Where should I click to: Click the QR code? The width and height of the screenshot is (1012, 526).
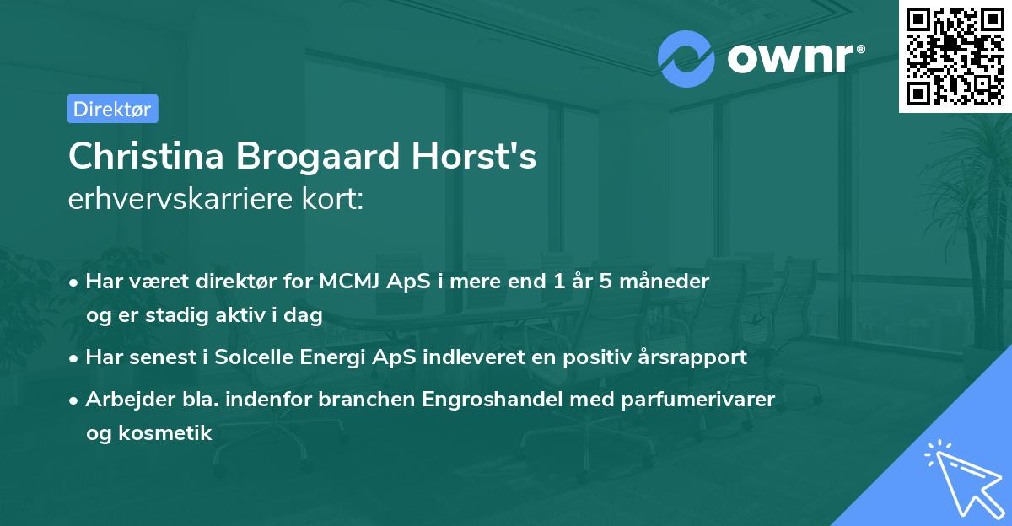pyautogui.click(x=955, y=56)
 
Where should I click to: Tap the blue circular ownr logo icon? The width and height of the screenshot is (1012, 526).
pyautogui.click(x=686, y=58)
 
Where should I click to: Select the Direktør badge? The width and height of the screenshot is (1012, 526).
pyautogui.click(x=112, y=109)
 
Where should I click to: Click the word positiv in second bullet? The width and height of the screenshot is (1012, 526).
pyautogui.click(x=595, y=357)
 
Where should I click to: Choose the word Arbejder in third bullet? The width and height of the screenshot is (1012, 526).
pyautogui.click(x=123, y=400)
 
